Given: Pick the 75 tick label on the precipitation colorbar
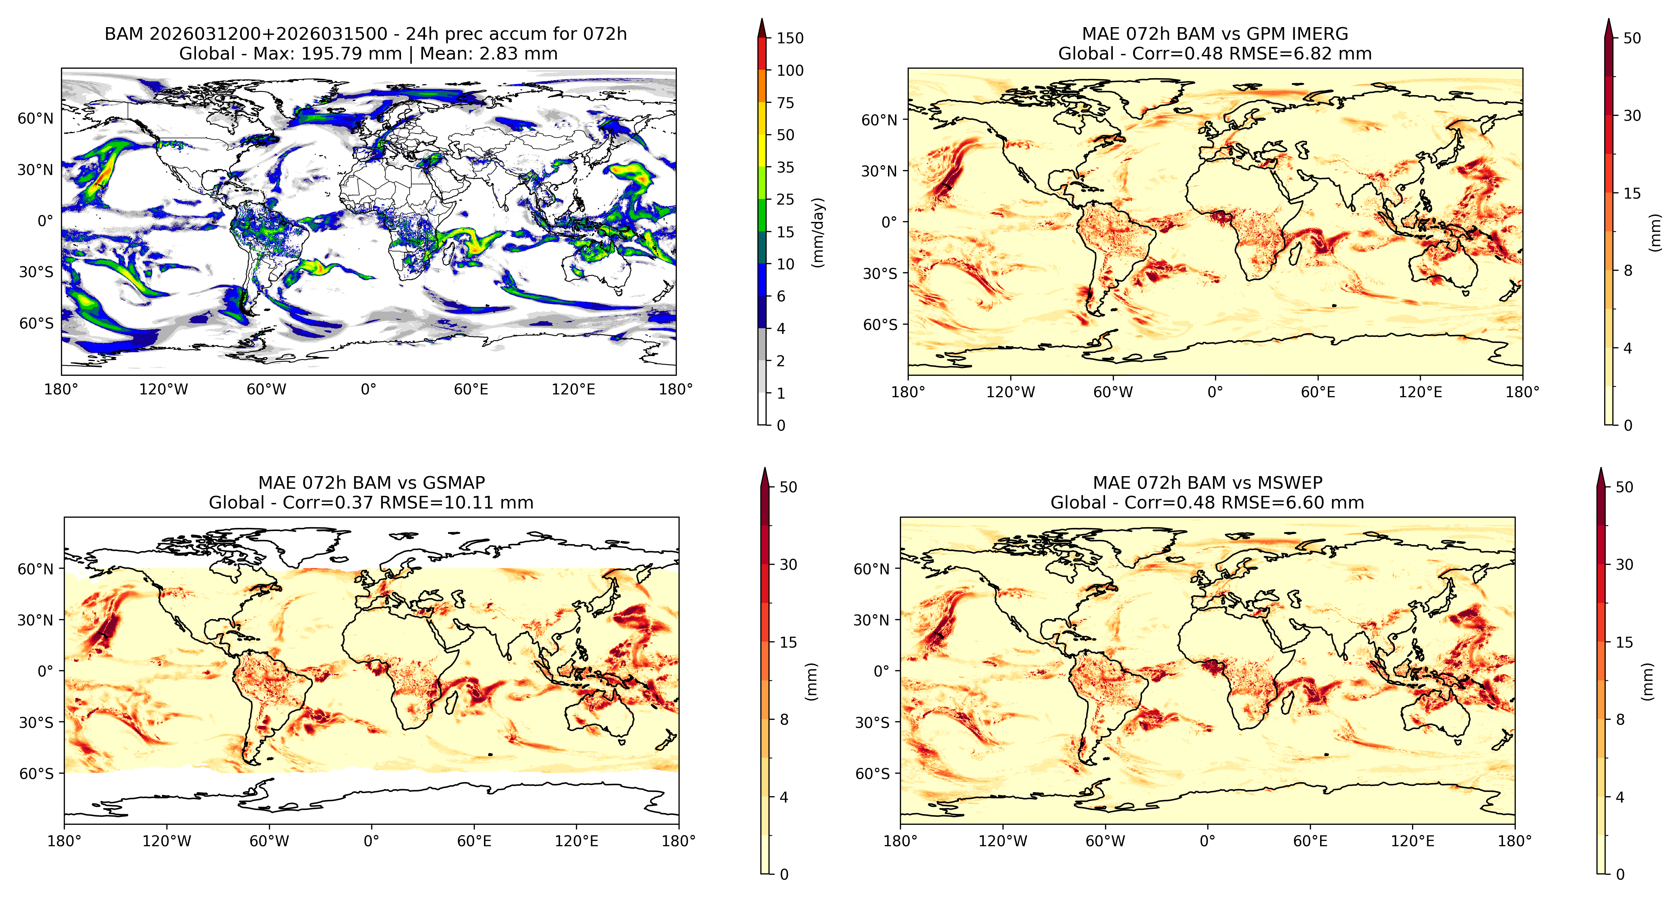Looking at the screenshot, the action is pos(785,103).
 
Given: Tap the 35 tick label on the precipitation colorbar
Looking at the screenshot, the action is pos(785,168).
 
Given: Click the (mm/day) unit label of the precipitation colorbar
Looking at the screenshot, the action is pos(818,232).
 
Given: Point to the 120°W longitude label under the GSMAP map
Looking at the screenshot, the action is pos(167,841).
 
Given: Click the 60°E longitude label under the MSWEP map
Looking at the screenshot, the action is pos(1310,841).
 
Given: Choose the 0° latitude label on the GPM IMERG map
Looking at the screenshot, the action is pos(890,222).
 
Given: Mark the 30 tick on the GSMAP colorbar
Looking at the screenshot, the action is pos(789,565).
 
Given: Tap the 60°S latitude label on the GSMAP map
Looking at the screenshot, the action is pos(36,774).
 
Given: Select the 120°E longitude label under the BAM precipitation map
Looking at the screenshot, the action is pos(573,390).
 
